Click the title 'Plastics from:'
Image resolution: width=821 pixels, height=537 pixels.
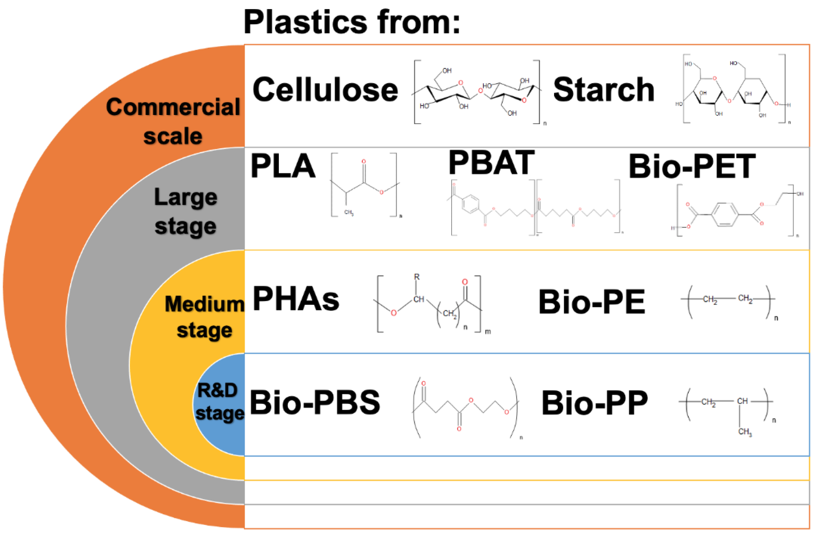pos(352,22)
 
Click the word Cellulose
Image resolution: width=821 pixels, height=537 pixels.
pos(325,90)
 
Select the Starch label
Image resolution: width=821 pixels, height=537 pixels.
pos(604,90)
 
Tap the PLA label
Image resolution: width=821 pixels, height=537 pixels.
pos(283,166)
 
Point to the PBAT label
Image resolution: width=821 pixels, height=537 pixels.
pos(491,163)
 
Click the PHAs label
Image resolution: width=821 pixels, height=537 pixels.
pos(296,299)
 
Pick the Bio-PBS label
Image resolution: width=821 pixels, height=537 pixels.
pos(315,402)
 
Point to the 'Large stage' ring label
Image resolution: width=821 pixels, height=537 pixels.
pos(186,211)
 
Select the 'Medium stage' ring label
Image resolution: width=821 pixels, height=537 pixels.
pos(204,317)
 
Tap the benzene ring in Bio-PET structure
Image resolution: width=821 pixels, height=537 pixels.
pos(725,215)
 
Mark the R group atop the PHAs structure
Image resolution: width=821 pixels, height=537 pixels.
pos(417,277)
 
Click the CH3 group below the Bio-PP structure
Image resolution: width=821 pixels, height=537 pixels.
pos(744,431)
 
